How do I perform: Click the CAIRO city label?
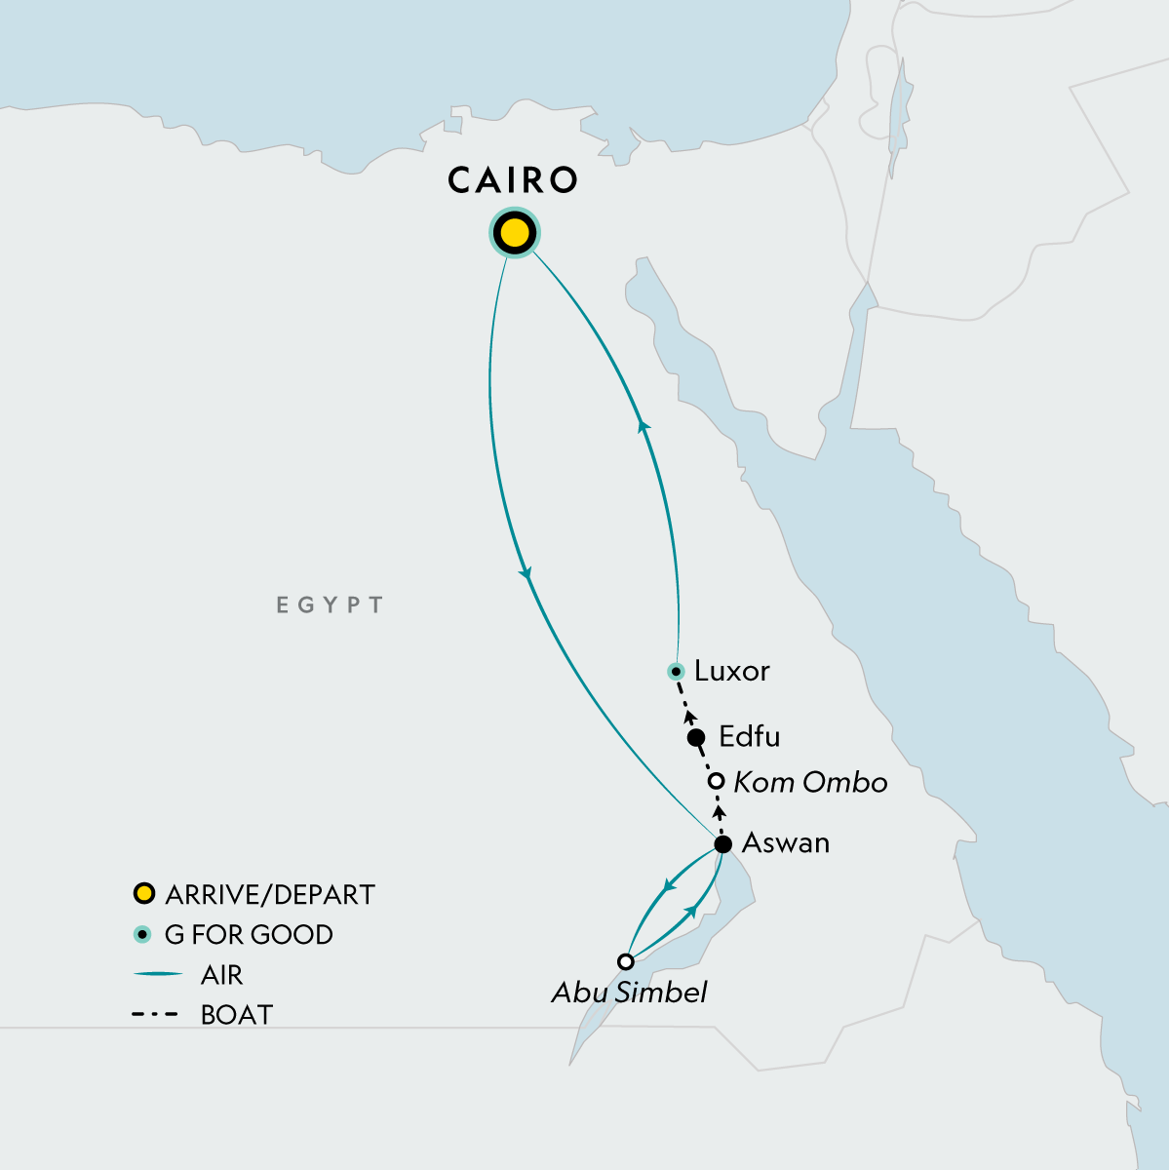[513, 180]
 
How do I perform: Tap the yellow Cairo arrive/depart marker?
[514, 234]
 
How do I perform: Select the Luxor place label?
[731, 671]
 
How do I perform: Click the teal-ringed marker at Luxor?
[676, 671]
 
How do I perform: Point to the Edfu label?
[749, 736]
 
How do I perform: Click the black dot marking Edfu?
[696, 737]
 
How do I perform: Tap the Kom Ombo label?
[810, 782]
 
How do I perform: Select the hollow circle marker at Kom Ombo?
[716, 781]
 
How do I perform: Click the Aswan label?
[786, 842]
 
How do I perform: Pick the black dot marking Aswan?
[722, 844]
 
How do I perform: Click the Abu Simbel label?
[629, 993]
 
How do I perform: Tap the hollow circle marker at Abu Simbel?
[626, 961]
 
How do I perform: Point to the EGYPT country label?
[330, 605]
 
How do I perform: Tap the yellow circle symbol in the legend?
[144, 893]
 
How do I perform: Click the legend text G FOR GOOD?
[249, 935]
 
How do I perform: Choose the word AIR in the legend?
[221, 975]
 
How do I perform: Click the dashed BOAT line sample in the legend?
[154, 1015]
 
